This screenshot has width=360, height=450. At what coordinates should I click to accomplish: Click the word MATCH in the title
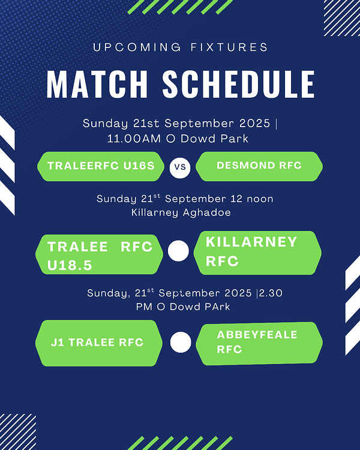click(97, 84)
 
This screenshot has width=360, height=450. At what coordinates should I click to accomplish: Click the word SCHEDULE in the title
click(239, 84)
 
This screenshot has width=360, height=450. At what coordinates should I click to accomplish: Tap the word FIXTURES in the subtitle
click(229, 47)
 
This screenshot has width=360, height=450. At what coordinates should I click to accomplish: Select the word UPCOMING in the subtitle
click(137, 47)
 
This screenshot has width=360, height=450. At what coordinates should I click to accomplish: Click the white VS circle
click(180, 167)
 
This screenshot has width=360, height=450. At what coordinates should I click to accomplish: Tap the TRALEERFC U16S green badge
click(101, 166)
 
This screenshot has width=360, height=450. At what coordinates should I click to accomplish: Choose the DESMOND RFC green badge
click(259, 166)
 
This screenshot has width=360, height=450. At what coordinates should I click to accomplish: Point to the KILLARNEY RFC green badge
click(257, 253)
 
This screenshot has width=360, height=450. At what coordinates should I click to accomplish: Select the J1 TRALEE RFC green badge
click(99, 343)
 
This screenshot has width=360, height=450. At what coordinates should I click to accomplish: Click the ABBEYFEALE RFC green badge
click(259, 343)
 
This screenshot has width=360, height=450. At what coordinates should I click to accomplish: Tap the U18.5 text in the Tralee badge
click(70, 265)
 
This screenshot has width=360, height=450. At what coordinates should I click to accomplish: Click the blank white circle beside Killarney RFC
click(178, 251)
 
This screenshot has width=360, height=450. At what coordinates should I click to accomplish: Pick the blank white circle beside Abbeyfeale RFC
click(181, 342)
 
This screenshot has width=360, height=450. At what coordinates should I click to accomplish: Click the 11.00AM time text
click(134, 139)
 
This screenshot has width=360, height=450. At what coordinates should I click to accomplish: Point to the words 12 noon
click(252, 199)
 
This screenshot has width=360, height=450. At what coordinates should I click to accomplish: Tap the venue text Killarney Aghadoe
click(181, 212)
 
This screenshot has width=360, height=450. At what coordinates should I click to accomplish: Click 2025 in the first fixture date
click(255, 124)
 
